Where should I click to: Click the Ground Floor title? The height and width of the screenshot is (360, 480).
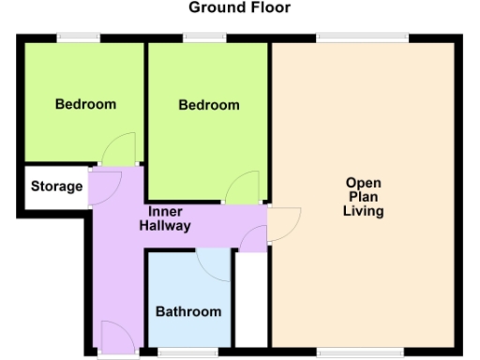click(x=240, y=8)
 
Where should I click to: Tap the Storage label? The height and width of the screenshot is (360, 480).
click(x=56, y=187)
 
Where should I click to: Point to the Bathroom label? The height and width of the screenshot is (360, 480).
click(x=188, y=311)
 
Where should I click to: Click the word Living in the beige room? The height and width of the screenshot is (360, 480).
click(x=363, y=212)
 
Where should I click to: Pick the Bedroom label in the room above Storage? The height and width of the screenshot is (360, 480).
click(x=85, y=103)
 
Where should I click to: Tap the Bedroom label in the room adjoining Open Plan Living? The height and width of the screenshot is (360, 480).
click(x=209, y=105)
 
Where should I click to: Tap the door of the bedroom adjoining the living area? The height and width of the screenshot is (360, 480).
click(x=246, y=188)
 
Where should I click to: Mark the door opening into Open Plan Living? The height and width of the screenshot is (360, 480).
click(x=284, y=223)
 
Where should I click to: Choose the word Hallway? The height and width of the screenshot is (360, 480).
click(x=165, y=226)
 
